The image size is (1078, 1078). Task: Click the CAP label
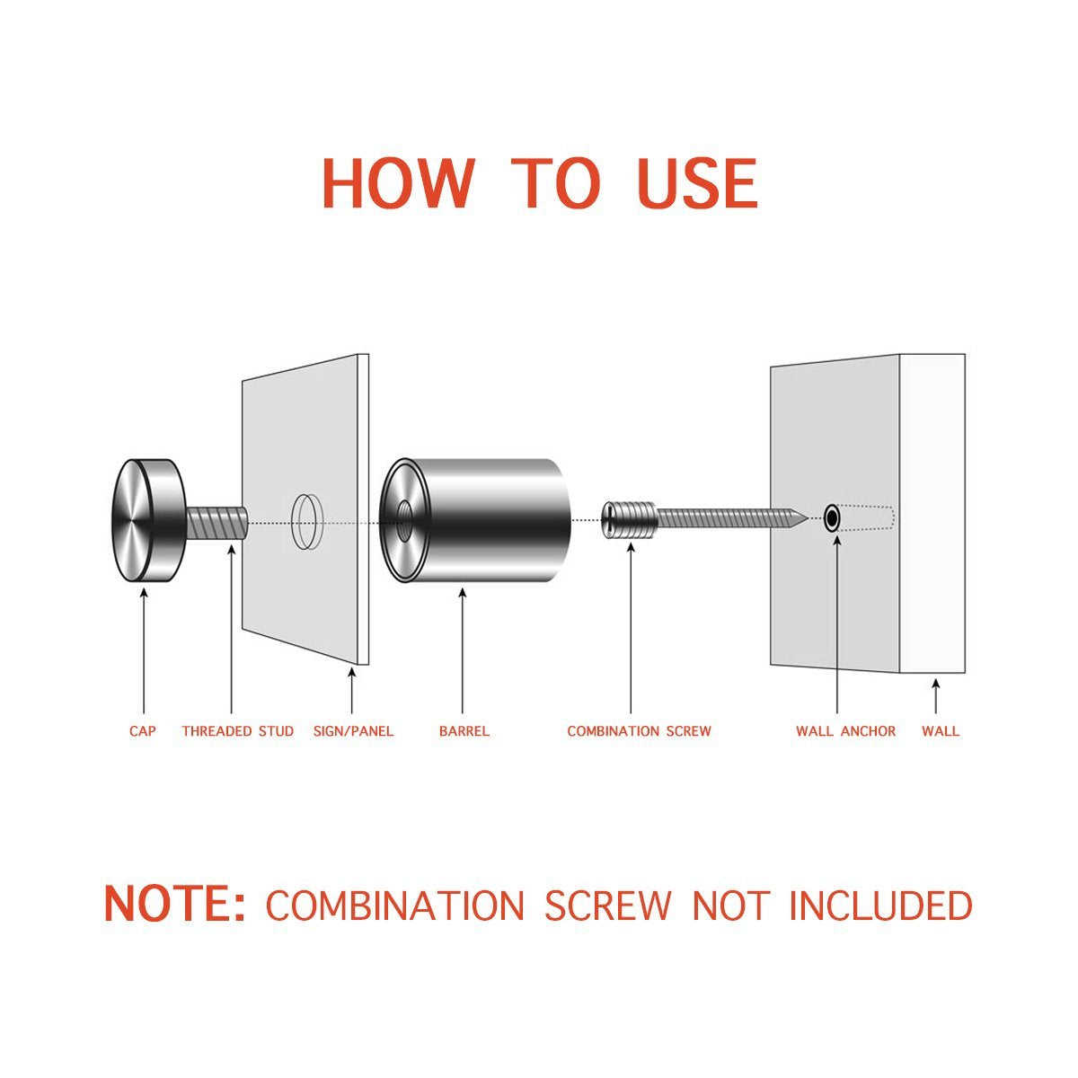click(x=143, y=731)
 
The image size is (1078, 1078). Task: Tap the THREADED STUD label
click(x=238, y=731)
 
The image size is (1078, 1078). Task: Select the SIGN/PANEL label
click(x=354, y=731)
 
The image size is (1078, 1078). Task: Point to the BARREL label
click(x=464, y=731)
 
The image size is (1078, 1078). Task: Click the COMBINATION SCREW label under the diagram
click(x=639, y=731)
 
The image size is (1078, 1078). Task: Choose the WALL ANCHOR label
click(x=846, y=731)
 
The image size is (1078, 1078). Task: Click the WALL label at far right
click(x=941, y=731)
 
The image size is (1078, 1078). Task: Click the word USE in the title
click(x=698, y=183)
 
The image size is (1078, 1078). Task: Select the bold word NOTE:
click(x=174, y=905)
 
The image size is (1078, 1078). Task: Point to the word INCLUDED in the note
click(x=881, y=906)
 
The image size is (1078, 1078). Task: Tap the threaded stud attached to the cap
click(x=217, y=523)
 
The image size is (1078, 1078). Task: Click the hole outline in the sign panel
click(x=307, y=521)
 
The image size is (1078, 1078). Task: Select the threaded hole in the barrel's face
click(x=403, y=521)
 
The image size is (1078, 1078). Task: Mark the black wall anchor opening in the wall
click(x=832, y=518)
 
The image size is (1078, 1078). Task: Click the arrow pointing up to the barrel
click(x=463, y=650)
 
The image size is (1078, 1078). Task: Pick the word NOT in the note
click(x=730, y=906)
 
